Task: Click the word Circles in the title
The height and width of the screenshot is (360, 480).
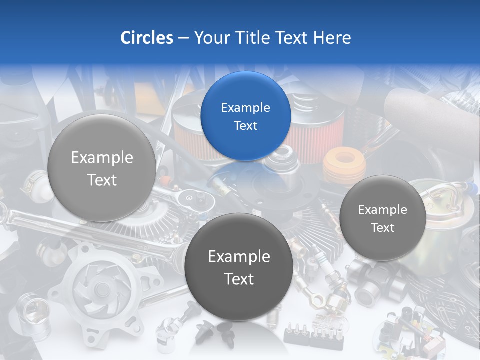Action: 147,38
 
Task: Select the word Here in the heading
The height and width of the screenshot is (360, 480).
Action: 332,38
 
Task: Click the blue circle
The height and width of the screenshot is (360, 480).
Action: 245,116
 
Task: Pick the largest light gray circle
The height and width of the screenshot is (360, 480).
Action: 101,168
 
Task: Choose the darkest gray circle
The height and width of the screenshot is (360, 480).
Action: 238,267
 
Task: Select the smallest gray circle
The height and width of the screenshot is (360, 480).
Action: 382,218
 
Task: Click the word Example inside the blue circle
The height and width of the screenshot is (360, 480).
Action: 245,107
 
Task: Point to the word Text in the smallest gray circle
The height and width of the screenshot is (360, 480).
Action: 383,228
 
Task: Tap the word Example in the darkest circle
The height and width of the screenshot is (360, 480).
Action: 239,257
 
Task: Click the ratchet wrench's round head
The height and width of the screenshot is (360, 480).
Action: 189,199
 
